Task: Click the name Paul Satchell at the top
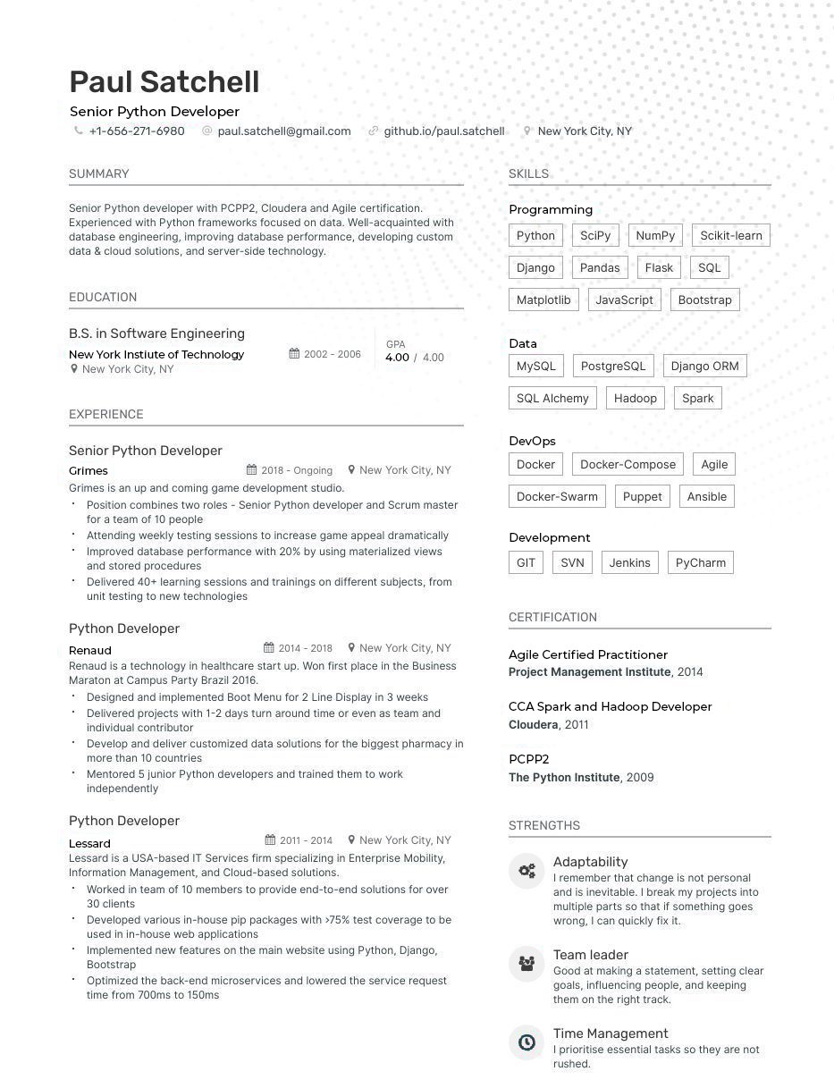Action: coord(164,81)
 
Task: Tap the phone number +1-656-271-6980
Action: coord(137,131)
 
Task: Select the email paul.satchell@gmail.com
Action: coord(284,131)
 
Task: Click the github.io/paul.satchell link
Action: coord(444,131)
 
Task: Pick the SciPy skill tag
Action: coord(595,236)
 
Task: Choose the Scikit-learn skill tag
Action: coord(730,236)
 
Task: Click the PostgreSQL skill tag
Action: coord(613,367)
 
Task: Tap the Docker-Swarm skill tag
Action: coord(558,497)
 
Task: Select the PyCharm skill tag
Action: coord(700,563)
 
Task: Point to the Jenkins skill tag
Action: coord(629,563)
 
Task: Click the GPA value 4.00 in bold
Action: coord(397,358)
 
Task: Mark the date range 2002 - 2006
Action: coord(332,355)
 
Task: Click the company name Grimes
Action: coord(88,471)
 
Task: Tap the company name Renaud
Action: coord(90,651)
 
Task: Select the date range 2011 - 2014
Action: coord(306,840)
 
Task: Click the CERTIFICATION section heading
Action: coord(552,618)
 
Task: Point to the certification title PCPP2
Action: coord(529,760)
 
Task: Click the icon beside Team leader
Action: coord(527,963)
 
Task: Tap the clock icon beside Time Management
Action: coord(527,1042)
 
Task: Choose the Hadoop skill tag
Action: coord(636,399)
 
